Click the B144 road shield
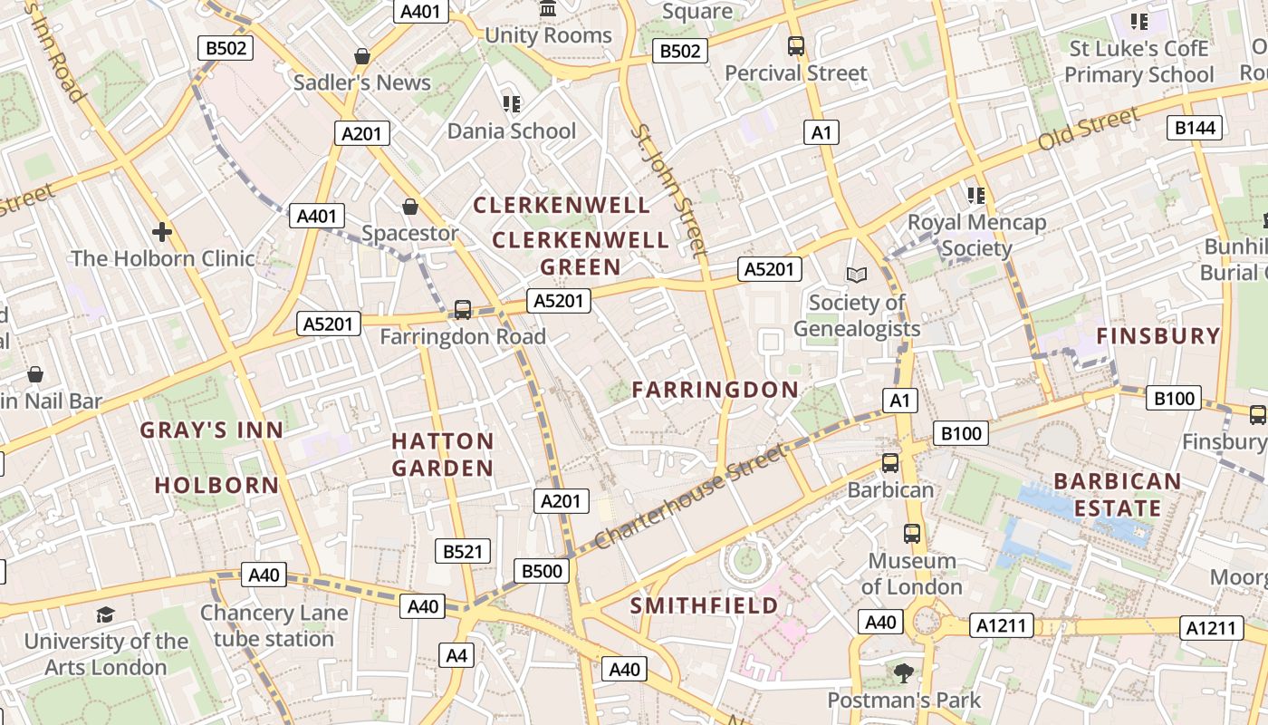1195,128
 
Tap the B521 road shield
462,551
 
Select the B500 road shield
542,571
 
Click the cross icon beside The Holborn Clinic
162,232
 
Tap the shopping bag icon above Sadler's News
362,56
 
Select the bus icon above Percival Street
796,45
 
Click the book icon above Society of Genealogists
856,274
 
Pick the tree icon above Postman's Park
903,672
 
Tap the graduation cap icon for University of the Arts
106,614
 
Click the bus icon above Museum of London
912,534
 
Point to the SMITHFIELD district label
704,605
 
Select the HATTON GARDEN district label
443,455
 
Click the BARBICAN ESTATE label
1118,494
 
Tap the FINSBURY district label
1158,336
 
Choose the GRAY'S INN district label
212,430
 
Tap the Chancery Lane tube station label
274,625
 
